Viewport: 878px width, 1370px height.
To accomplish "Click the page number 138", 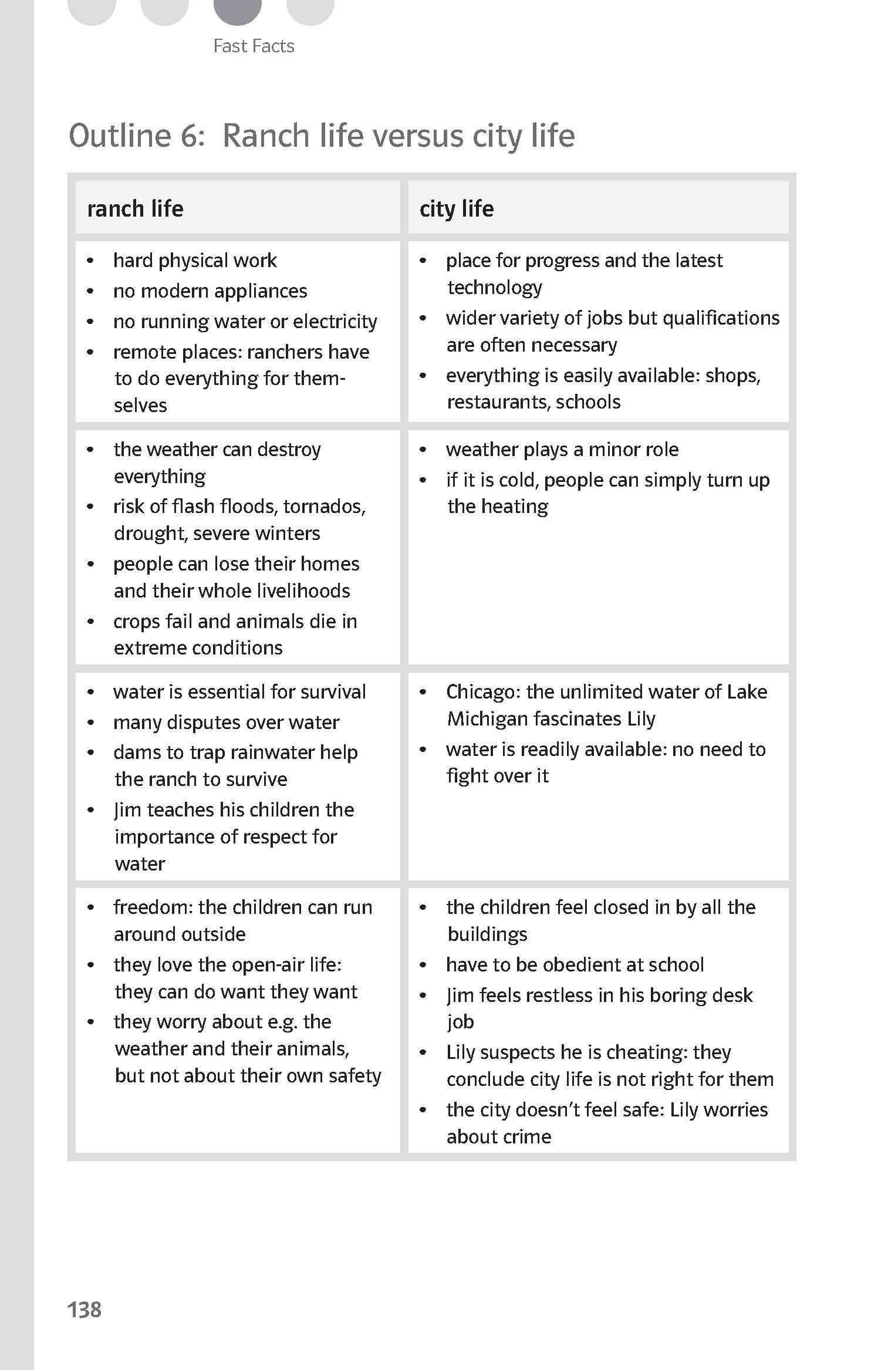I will tap(85, 1309).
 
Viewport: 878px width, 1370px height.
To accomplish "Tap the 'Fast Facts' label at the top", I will tap(254, 46).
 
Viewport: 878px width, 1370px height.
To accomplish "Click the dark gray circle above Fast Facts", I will tap(237, 11).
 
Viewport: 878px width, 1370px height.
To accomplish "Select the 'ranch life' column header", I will tap(135, 208).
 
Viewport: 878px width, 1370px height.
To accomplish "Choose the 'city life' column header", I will tap(456, 208).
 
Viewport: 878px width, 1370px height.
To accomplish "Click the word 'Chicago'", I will tap(483, 691).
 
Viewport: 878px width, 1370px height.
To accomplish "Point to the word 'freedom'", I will tap(153, 907).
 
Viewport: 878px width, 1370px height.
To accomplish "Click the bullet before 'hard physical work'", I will tap(90, 261).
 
